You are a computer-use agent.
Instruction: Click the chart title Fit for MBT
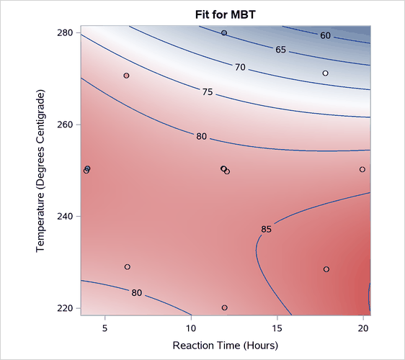[225, 14]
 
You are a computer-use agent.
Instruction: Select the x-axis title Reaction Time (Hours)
[225, 346]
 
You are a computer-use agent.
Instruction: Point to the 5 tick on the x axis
[105, 328]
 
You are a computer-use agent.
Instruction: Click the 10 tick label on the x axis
[191, 328]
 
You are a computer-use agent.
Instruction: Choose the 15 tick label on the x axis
[277, 328]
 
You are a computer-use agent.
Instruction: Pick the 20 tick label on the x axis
[362, 328]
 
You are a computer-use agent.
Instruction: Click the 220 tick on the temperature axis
[66, 308]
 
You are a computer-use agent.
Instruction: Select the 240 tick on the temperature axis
[66, 216]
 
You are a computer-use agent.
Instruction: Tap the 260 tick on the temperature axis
[66, 125]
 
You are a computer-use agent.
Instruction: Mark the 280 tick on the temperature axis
[66, 33]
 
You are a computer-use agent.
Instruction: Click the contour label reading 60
[326, 36]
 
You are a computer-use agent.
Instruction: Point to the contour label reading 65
[281, 50]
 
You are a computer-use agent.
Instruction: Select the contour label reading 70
[240, 67]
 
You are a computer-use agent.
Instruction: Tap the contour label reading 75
[208, 92]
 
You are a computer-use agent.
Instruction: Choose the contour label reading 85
[266, 230]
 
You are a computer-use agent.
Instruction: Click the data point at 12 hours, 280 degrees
[224, 33]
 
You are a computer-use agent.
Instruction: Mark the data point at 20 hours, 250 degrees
[362, 170]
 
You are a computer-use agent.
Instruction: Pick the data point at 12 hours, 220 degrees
[225, 307]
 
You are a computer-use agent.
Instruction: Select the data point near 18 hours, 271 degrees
[326, 73]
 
